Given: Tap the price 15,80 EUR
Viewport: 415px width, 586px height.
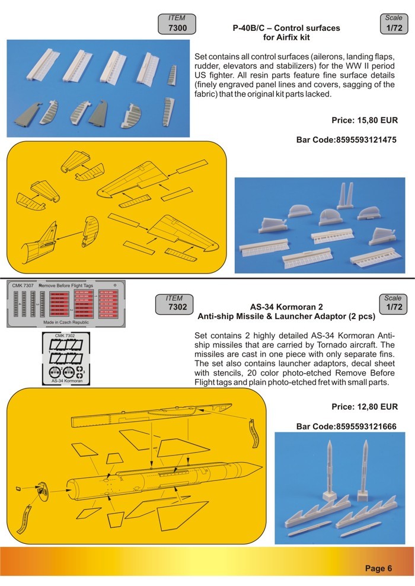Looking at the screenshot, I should click(364, 120).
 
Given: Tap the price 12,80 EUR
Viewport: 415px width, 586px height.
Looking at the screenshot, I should click(364, 407).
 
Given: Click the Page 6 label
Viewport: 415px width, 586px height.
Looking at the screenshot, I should click(378, 568).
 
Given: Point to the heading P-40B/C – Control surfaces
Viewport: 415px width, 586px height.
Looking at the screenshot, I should click(287, 28).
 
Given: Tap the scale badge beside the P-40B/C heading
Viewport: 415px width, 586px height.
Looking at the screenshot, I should click(393, 24).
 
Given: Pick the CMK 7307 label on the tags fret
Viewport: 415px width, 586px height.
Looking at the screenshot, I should click(22, 285).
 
